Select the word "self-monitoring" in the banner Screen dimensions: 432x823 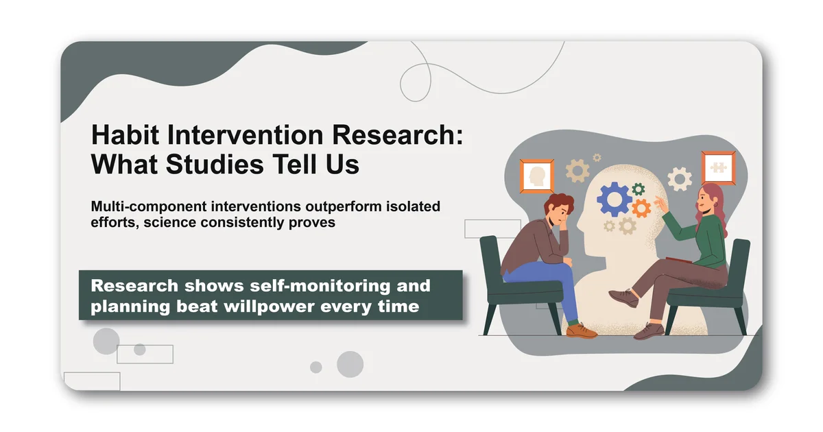coord(299,285)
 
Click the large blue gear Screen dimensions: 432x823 coord(614,199)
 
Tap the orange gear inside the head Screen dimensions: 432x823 coord(641,208)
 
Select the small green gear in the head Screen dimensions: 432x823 coord(639,189)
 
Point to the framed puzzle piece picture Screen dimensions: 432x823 coord(719,167)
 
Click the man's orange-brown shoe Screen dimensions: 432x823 coord(581,331)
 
